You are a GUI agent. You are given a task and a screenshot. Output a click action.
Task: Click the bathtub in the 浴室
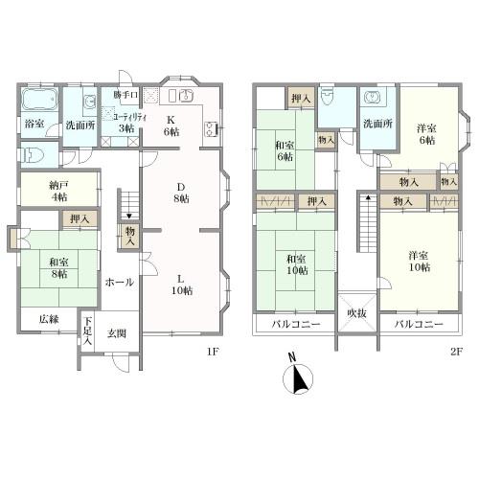click(39, 99)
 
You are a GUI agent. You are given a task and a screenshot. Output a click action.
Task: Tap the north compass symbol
click(298, 375)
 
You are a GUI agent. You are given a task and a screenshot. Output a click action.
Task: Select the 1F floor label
click(213, 352)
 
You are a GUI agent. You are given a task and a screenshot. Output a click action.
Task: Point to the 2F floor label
click(456, 352)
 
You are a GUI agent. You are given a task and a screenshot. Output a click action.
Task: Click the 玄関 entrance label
click(116, 333)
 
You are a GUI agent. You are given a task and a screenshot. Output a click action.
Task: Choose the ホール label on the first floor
click(120, 283)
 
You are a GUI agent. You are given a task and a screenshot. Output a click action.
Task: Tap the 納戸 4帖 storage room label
click(58, 192)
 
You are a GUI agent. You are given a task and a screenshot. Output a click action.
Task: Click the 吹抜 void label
click(357, 313)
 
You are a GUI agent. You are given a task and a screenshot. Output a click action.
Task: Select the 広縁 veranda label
click(49, 319)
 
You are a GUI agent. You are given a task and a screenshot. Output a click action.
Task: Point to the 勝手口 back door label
click(125, 95)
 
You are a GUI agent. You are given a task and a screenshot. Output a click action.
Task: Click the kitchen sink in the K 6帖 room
click(185, 95)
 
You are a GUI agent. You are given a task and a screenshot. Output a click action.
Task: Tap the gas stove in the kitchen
click(212, 129)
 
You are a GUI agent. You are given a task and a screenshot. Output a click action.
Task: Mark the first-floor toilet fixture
click(33, 155)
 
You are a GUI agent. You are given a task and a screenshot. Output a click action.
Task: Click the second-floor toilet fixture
click(327, 97)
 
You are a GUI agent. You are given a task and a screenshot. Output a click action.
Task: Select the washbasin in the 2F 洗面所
click(373, 97)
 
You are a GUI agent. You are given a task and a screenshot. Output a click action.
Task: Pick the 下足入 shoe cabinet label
click(87, 331)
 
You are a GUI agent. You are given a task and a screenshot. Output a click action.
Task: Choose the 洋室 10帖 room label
click(419, 262)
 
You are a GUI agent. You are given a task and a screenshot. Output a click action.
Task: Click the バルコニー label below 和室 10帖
click(296, 325)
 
